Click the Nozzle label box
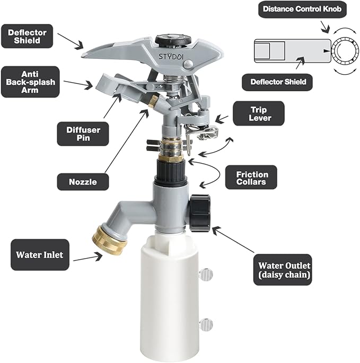tap(83, 181)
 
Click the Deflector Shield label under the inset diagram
tap(276, 82)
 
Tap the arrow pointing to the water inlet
tap(87, 258)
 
